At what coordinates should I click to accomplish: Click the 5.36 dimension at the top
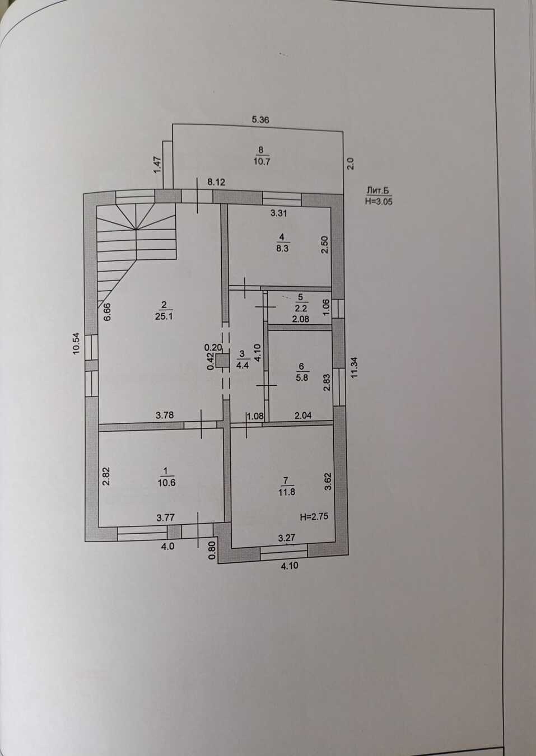coord(261,119)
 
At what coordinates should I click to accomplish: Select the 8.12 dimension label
coord(216,182)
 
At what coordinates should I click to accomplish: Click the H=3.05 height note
coord(379,202)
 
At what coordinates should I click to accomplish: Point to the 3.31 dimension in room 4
coord(278,213)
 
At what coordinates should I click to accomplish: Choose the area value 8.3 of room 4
coord(282,249)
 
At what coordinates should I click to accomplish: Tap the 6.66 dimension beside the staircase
coord(108,311)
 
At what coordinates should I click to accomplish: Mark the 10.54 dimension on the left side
coord(76,344)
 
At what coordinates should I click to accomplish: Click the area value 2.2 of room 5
coord(301,308)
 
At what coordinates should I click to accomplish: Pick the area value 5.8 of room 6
coord(302,377)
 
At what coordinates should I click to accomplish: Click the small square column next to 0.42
coord(222,361)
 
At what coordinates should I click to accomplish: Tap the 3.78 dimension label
coord(165,415)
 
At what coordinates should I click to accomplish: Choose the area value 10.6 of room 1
coord(166,483)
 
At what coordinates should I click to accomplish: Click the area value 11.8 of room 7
coord(286,492)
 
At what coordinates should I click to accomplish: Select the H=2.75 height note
coord(314,517)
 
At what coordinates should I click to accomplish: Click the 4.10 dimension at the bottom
coord(289,566)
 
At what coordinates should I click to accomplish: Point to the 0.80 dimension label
coord(212,549)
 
